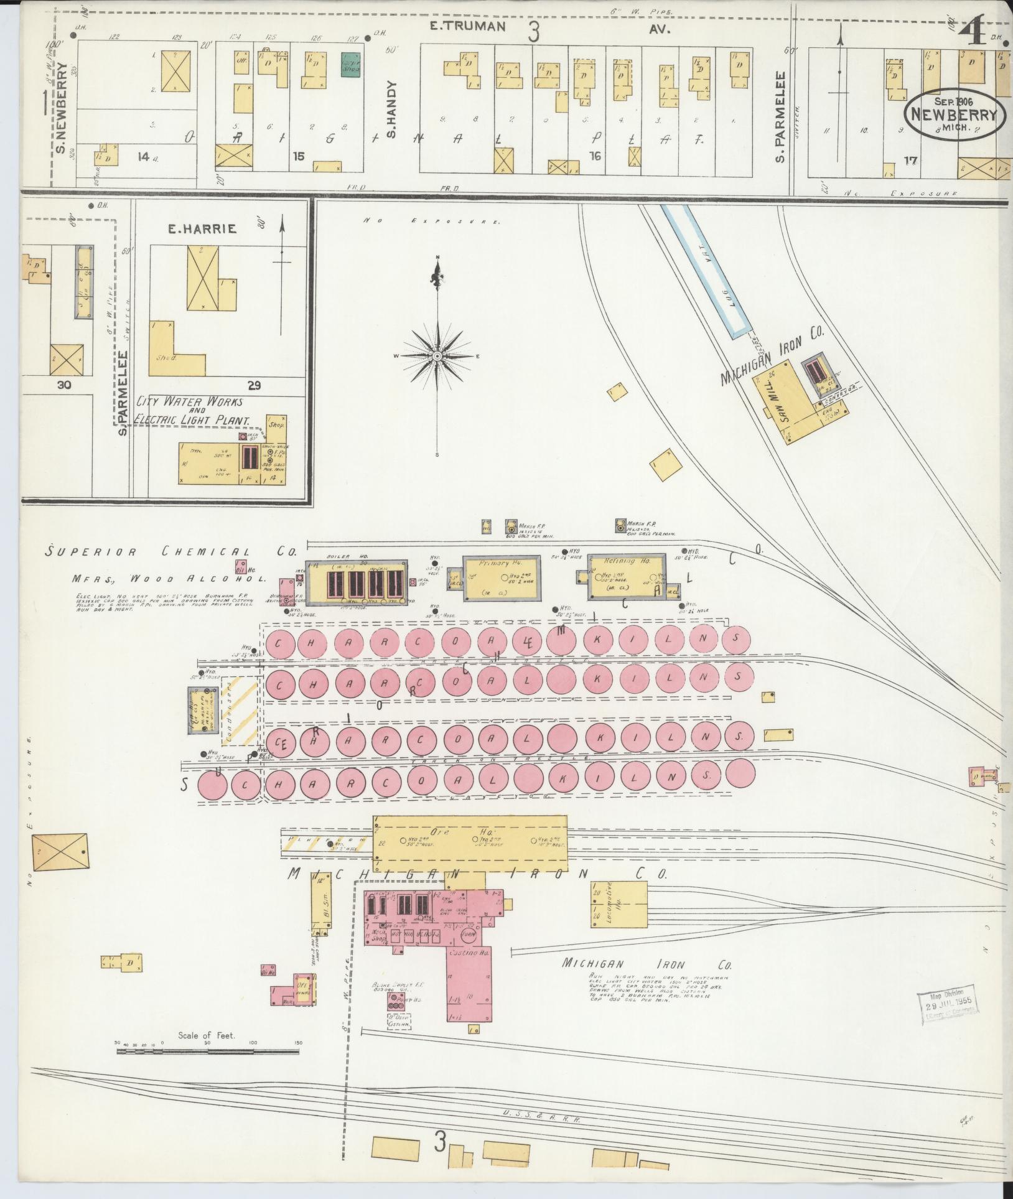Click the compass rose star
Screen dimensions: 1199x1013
(x=437, y=355)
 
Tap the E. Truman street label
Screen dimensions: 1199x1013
(x=467, y=27)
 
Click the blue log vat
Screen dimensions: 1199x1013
(x=706, y=271)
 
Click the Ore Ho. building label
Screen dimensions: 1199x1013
(x=467, y=832)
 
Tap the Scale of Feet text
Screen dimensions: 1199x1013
(x=206, y=1035)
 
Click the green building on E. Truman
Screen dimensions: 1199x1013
(x=352, y=65)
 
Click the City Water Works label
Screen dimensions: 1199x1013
(x=190, y=403)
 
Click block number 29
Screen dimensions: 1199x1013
(x=254, y=385)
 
